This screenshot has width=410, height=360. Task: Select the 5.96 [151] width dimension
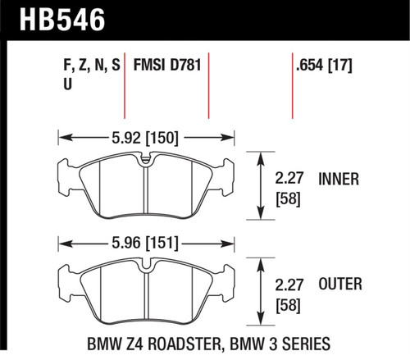tap(146, 242)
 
